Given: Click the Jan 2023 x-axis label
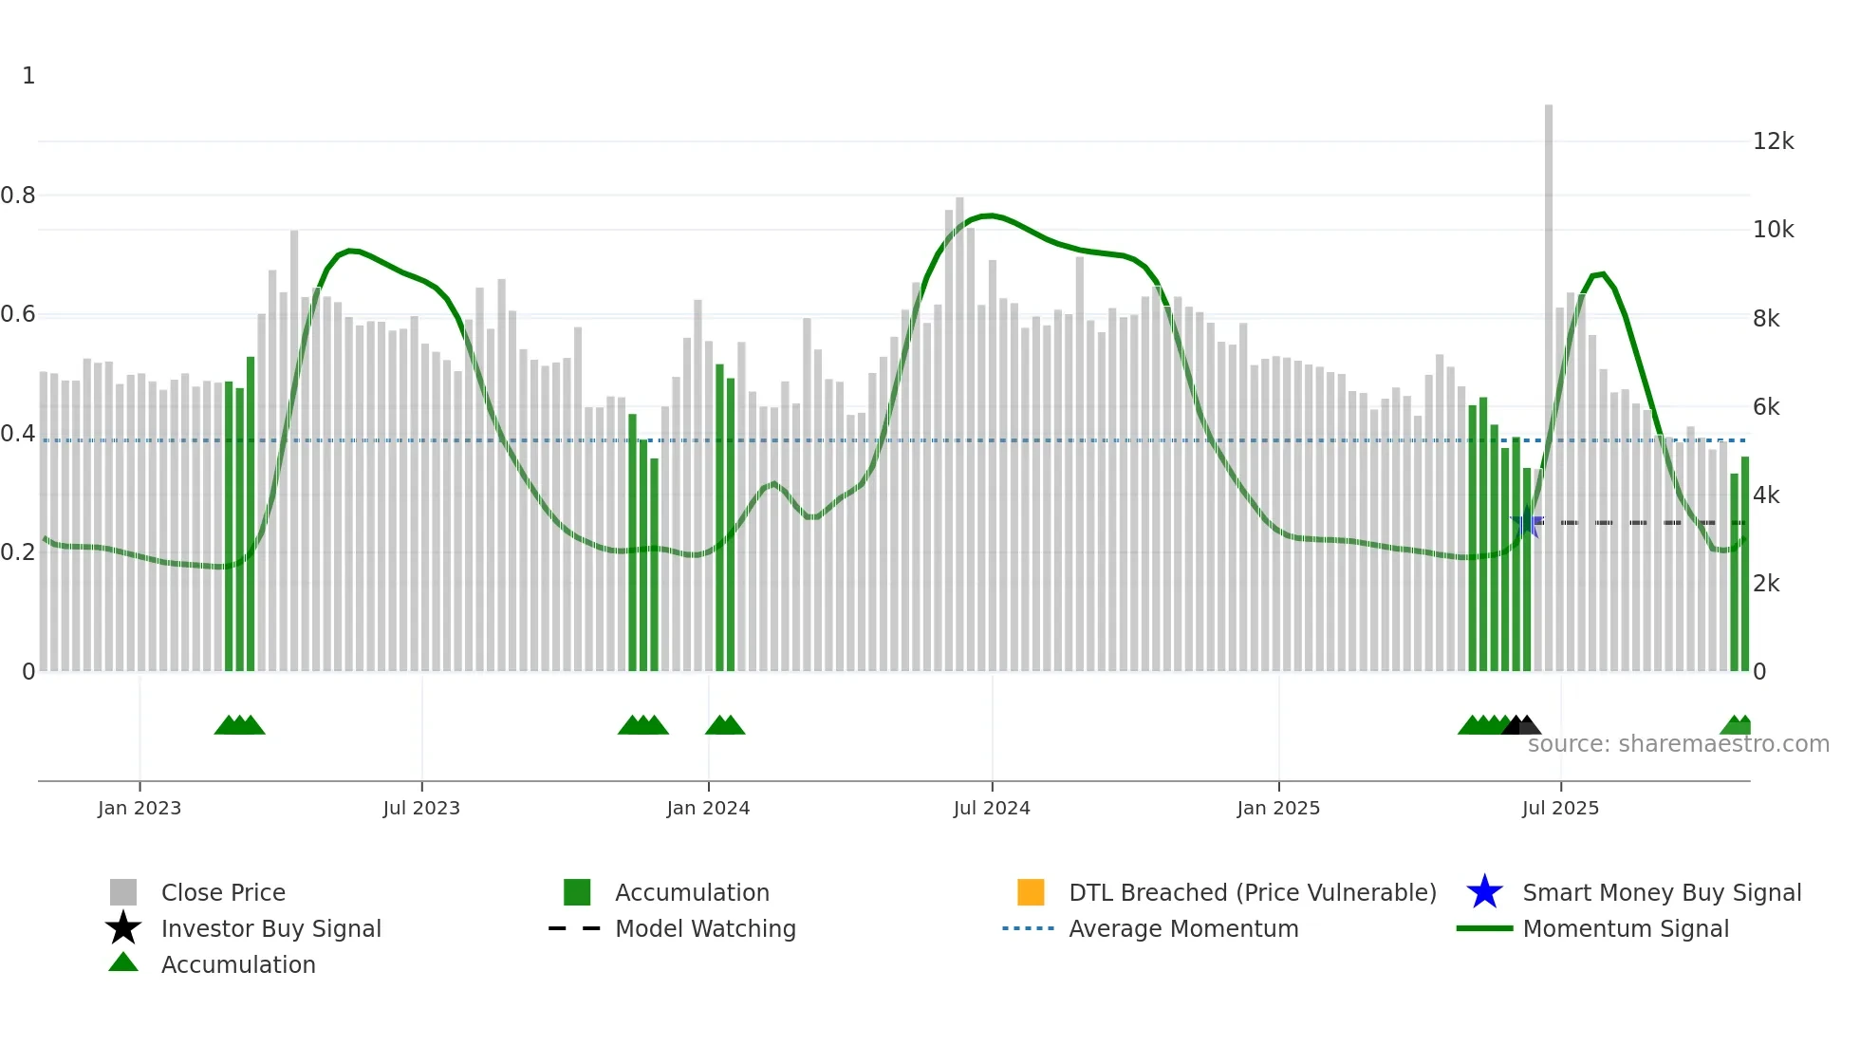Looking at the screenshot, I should pos(139,808).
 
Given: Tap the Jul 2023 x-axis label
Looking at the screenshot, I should pos(421,808).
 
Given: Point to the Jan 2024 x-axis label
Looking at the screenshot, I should pos(708,808).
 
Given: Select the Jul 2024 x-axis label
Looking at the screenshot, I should pos(992,808).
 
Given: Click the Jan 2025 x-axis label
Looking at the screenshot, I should pos(1278,808).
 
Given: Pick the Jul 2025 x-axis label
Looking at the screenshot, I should pos(1560,808).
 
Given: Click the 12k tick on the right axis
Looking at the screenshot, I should pos(1773,141).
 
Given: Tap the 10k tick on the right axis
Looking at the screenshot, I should pos(1773,230).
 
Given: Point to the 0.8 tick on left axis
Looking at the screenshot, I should pos(18,196).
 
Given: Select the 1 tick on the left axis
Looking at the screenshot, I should pos(28,76).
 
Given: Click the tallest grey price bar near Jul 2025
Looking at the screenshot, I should pos(1549,380).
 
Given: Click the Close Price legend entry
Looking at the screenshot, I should pos(223,892).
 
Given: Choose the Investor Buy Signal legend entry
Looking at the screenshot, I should pos(270,928).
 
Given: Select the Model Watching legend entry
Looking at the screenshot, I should pos(705,928).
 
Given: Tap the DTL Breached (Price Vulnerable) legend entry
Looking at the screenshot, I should pos(1252,892).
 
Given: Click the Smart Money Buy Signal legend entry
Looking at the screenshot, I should pos(1661,892).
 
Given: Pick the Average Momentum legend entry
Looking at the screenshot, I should pos(1183,928).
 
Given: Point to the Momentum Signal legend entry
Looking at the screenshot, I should pos(1626,928).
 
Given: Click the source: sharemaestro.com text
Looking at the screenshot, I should pos(1678,744).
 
